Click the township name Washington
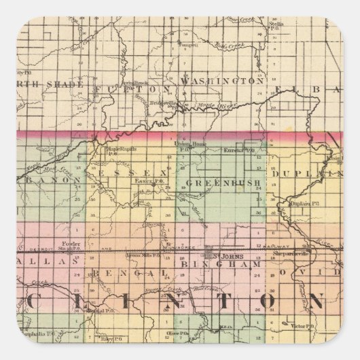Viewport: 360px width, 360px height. tap(221, 81)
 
